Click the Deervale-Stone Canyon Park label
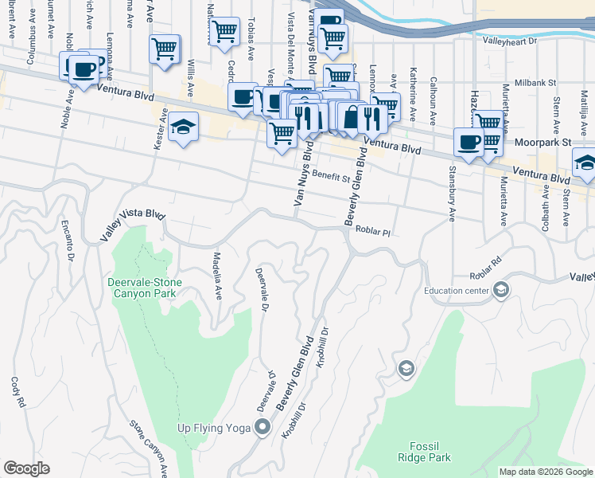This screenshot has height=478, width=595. [145, 288]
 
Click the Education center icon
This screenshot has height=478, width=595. [500, 289]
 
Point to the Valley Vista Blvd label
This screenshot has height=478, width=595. [132, 225]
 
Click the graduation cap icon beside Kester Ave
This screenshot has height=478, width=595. [183, 127]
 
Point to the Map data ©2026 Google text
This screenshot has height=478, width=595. [545, 472]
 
